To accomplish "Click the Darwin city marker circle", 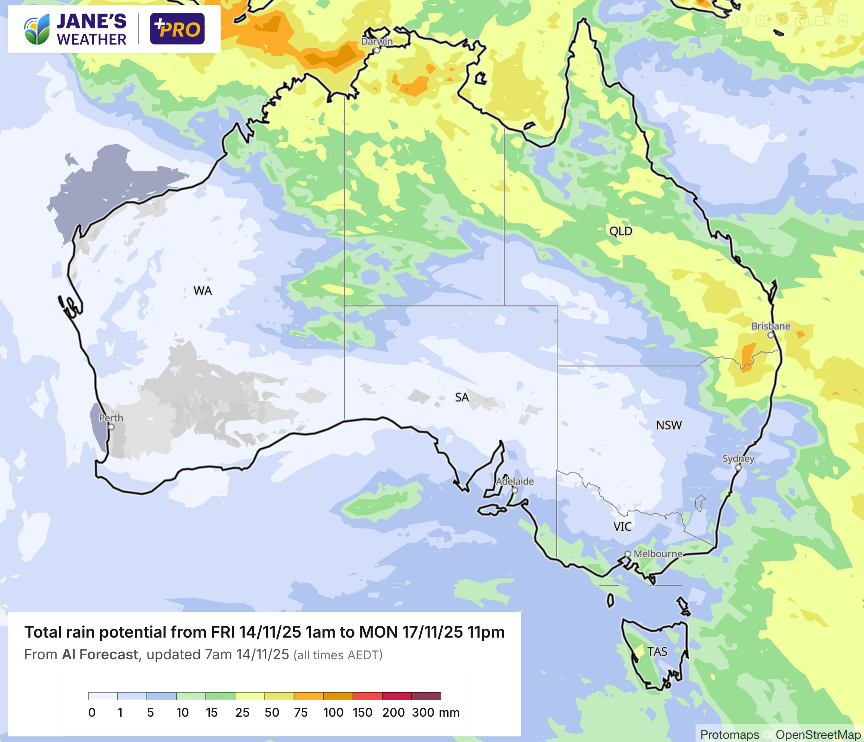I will [377, 51].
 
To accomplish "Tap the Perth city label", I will [111, 418].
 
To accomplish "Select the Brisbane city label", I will [771, 326].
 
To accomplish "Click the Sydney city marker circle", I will [738, 468].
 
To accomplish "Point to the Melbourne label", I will [658, 554].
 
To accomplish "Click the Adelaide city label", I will [515, 481].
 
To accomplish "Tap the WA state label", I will [203, 291].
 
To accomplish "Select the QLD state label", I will [621, 231].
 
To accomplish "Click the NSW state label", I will [668, 425].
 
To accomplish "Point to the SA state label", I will [462, 397].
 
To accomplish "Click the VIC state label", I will [622, 527].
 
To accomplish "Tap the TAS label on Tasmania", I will [657, 651].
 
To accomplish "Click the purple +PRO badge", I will [177, 29].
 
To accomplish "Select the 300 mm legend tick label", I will [435, 712].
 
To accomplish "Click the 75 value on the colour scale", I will [301, 712].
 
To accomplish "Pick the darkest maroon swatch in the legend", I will [426, 696].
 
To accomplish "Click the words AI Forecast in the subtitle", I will [99, 654].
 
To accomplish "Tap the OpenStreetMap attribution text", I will [818, 734].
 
